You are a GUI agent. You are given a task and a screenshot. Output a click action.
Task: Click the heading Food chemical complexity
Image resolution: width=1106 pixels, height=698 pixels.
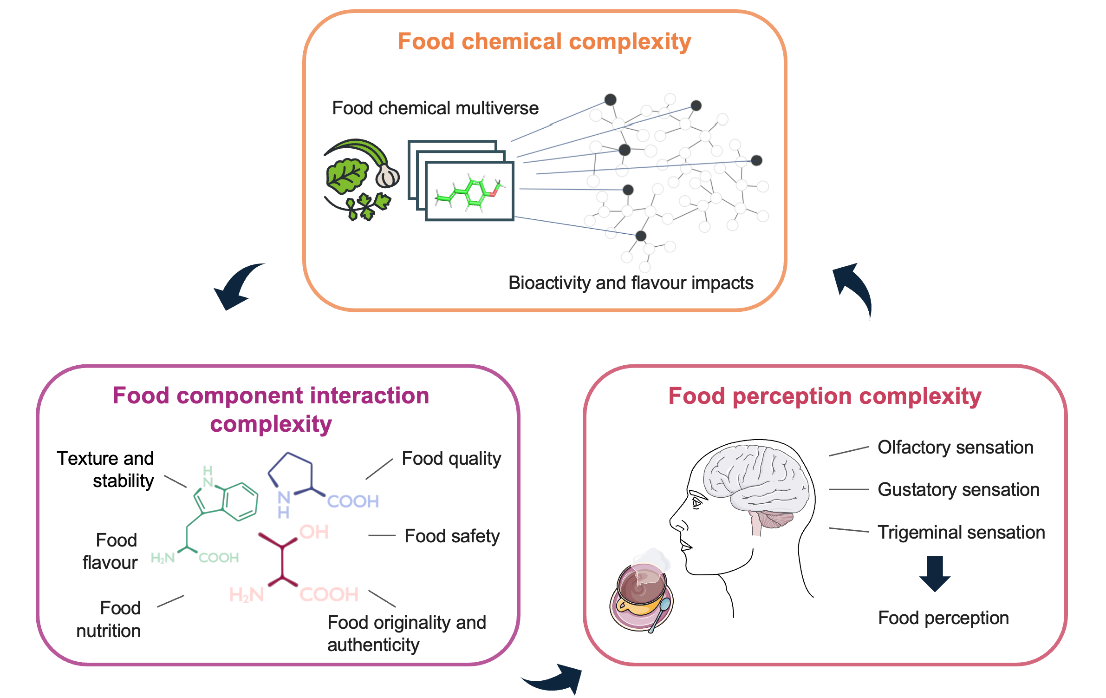544,42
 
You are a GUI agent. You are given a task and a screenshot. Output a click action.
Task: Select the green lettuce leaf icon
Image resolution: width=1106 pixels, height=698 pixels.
346,176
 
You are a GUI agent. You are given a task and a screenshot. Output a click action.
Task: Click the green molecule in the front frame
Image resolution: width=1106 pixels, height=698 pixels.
469,191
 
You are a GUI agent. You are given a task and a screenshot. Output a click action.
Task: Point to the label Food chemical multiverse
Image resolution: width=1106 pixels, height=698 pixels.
435,108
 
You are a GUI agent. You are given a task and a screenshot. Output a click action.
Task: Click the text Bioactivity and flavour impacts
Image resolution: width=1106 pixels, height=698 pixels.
631,283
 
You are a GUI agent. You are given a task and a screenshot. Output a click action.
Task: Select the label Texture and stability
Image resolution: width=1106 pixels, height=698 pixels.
106,469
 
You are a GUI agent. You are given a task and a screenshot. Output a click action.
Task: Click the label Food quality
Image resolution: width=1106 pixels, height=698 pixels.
451,459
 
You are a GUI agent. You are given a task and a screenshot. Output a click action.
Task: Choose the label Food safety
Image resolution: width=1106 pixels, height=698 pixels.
452,536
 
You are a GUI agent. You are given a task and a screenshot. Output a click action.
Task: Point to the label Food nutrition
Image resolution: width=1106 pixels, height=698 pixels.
109,619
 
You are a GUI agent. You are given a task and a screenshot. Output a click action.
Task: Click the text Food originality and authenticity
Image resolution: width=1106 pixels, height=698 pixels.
406,633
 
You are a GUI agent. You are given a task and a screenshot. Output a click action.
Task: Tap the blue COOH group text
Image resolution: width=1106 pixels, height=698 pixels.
353,501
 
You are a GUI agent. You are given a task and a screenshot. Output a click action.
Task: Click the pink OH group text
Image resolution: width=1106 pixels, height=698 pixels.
314,532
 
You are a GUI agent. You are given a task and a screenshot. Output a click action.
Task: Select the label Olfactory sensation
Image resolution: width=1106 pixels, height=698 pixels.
955,448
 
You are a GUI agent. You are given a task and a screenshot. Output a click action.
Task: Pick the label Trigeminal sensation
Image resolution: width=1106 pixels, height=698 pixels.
961,533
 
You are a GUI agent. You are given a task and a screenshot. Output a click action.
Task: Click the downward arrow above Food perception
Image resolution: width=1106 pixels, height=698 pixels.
935,573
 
